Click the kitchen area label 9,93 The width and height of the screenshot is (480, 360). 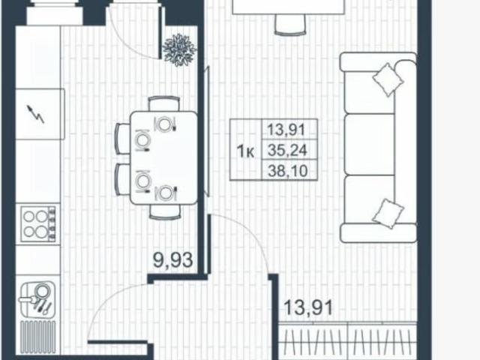click(173, 260)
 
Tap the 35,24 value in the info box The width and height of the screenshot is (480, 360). click(287, 150)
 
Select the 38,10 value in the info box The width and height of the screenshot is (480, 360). click(288, 170)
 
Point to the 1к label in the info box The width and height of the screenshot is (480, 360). click(245, 151)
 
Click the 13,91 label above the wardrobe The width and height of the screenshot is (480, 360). click(308, 307)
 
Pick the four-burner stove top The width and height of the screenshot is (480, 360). click(38, 223)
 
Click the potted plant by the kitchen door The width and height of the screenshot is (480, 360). click(179, 49)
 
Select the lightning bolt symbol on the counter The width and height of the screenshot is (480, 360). click(36, 114)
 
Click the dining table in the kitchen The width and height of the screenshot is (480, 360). click(163, 157)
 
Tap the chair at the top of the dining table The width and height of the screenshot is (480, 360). click(163, 103)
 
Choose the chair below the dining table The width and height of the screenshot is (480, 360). click(165, 212)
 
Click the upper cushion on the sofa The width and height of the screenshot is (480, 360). click(388, 79)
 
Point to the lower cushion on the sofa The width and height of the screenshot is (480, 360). click(388, 213)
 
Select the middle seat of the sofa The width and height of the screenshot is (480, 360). click(370, 144)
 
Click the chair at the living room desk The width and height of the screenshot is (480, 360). click(290, 25)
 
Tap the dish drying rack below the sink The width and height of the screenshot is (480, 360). click(38, 337)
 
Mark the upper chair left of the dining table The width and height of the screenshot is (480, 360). click(123, 138)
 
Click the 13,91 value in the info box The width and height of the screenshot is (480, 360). click(286, 130)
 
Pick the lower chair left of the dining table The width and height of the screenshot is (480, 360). click(123, 179)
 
